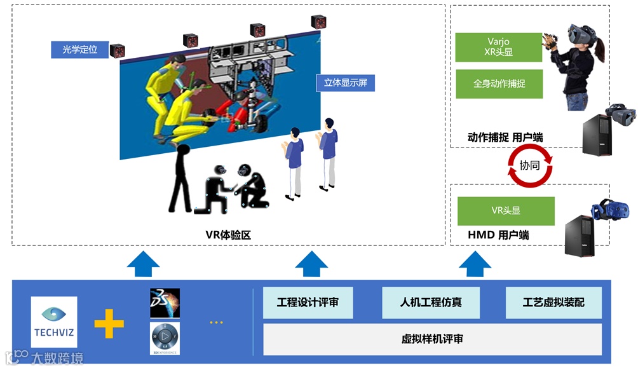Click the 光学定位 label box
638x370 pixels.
coord(79,50)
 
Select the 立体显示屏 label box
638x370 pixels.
coord(345,83)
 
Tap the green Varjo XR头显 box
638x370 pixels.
coord(498,48)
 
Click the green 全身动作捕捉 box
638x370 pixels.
coord(499,84)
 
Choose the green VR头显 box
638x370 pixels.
coord(506,211)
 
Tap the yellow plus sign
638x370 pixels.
coord(109,322)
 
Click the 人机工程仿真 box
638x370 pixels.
coord(431,303)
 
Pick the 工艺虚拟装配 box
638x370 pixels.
coord(553,303)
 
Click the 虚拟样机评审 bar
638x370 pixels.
coord(432,339)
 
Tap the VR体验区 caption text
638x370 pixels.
coord(228,235)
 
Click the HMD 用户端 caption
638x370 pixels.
coord(498,235)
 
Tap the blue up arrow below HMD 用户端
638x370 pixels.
coord(472,263)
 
